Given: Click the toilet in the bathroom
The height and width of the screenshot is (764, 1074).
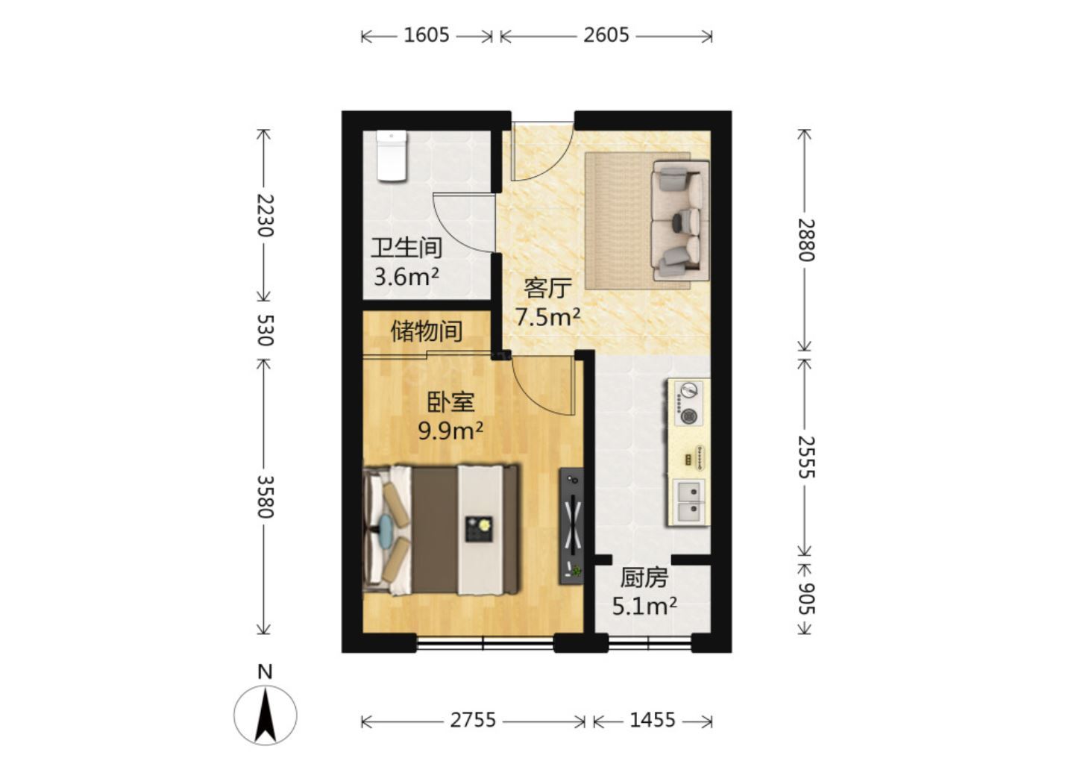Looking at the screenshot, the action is pos(392,157).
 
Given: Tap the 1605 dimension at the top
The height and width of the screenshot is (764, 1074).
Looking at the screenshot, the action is pos(427,36).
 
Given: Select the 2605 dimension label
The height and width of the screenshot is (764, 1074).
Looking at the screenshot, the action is pos(606,36).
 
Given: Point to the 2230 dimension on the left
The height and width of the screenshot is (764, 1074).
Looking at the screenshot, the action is pos(265,216).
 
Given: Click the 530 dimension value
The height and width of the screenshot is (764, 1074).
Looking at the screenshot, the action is pos(265,330).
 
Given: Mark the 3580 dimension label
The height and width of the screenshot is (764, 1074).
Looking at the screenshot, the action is pos(265,497).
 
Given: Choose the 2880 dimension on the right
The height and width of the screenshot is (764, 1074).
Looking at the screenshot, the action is pos(806,239).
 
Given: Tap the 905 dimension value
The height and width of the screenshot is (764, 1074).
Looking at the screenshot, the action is pos(806,598).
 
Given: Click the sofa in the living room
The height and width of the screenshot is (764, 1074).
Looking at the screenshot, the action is pos(680,221).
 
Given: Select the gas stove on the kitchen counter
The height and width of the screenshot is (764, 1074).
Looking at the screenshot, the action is pos(688,403).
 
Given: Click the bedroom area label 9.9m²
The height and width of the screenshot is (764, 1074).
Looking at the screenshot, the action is pos(450,431).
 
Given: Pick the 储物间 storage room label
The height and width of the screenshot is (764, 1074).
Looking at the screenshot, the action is pos(427,331).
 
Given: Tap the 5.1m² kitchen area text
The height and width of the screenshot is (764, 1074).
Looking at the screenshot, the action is pos(644,607).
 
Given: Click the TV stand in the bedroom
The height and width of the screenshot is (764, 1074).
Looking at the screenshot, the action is pos(571,526).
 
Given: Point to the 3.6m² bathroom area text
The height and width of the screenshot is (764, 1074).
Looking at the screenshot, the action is pos(406,277).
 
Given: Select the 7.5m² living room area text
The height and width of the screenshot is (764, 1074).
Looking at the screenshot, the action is pos(547,316).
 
